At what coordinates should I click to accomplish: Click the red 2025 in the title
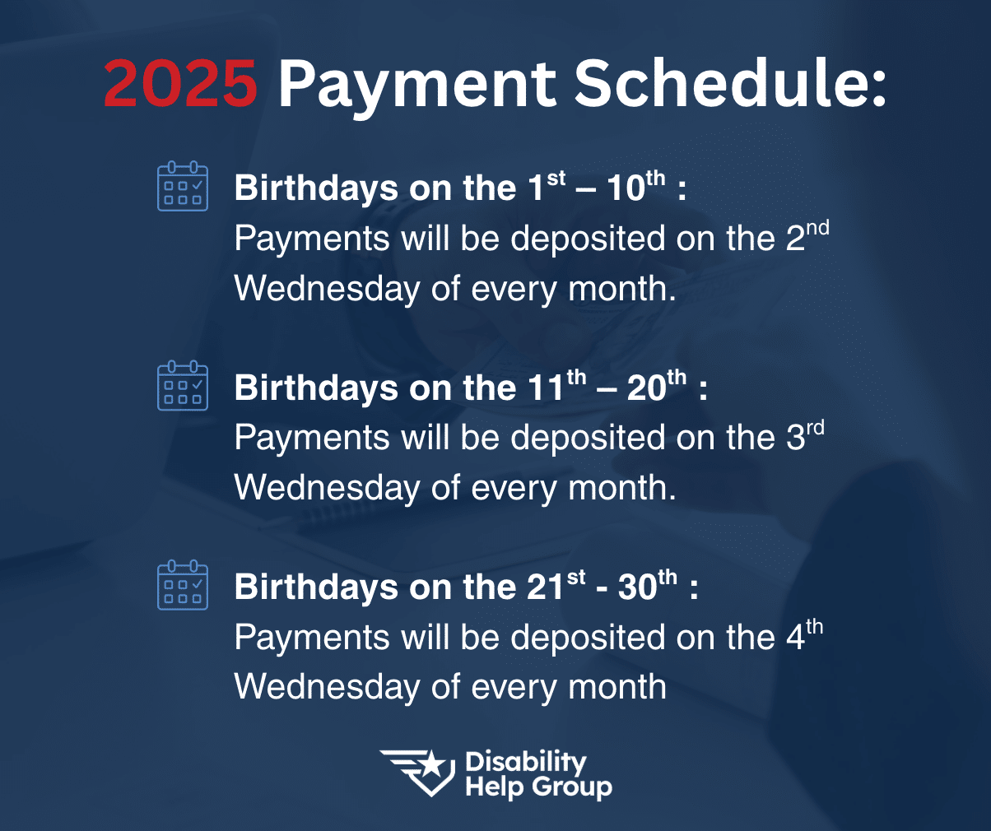tap(180, 82)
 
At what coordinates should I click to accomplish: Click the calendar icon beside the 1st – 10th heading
tap(183, 186)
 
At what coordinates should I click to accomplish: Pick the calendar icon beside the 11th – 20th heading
tap(183, 385)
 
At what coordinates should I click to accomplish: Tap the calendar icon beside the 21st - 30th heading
tap(183, 585)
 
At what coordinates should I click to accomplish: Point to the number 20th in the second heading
tap(657, 385)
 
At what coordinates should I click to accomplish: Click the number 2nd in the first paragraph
tap(807, 236)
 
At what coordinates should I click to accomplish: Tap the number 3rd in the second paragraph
tap(805, 435)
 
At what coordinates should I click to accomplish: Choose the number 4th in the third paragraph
tap(804, 634)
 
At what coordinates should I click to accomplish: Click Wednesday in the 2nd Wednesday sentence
tap(327, 289)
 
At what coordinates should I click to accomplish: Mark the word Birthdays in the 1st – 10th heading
tap(316, 188)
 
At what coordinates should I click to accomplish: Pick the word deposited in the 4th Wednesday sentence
tap(588, 637)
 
